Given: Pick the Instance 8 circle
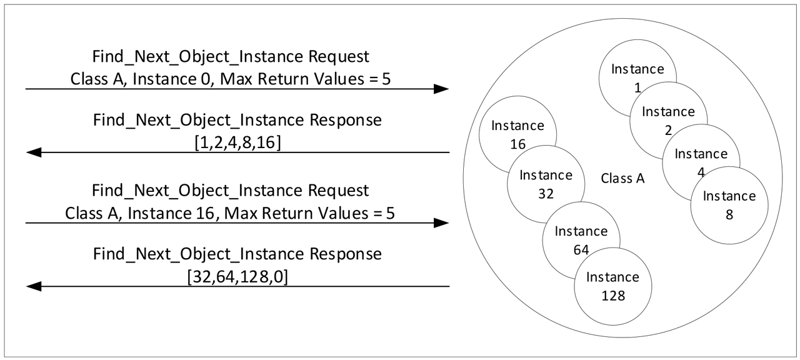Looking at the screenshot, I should [x=729, y=204].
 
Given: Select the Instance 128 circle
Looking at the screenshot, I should [x=612, y=286].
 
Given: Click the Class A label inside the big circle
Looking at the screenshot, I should [x=622, y=178].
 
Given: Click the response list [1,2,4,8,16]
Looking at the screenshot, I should [x=237, y=142].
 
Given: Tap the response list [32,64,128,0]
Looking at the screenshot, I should [x=237, y=276].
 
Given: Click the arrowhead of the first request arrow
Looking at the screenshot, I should [x=441, y=89].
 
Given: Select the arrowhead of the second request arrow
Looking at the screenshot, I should [x=441, y=223].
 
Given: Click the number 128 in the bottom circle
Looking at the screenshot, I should [x=612, y=295].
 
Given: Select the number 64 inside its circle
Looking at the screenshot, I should [x=581, y=249].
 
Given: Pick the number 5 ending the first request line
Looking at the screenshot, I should [x=390, y=79].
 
